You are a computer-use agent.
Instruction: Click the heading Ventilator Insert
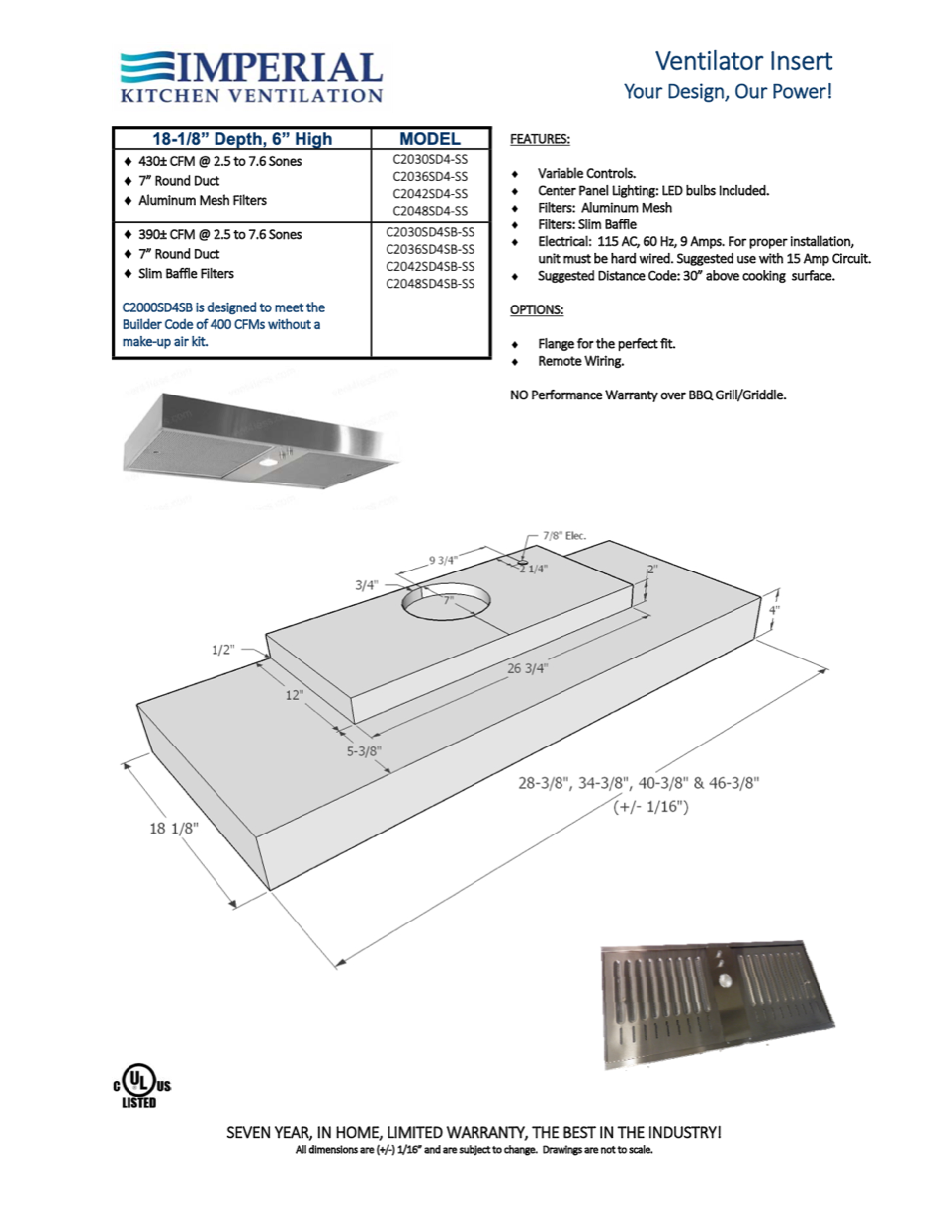click(743, 61)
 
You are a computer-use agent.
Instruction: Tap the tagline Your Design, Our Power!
click(728, 92)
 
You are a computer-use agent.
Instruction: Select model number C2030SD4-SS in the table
click(430, 159)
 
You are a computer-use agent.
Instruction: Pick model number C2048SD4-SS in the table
click(430, 211)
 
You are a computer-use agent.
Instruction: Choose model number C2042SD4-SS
click(430, 194)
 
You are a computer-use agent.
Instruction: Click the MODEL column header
click(430, 139)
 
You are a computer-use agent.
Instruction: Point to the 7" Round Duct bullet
click(179, 181)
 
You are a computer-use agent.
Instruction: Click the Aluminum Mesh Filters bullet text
click(202, 200)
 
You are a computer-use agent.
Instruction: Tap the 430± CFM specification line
click(219, 161)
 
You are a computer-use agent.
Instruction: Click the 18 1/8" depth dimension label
click(174, 828)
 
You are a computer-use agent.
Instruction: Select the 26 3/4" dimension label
click(527, 668)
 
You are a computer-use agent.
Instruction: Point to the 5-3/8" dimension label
click(364, 751)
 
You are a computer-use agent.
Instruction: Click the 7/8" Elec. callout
click(563, 536)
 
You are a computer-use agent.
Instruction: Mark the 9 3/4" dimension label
click(443, 560)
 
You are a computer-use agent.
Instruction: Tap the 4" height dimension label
click(774, 610)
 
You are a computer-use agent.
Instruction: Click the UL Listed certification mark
click(141, 1087)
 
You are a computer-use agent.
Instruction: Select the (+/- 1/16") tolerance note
click(650, 806)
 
